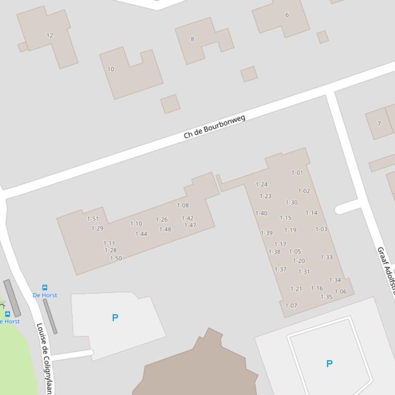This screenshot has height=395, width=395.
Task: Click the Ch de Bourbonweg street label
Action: point(215,127)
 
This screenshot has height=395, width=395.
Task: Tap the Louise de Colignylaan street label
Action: point(45,358)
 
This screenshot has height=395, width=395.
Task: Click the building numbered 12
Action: point(50,35)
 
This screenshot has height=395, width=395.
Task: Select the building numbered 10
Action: point(111,69)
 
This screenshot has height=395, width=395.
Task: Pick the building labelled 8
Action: point(193,39)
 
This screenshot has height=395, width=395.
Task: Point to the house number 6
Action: point(287,15)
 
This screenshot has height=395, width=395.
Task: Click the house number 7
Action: point(379,124)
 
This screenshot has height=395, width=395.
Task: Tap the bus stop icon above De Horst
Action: point(45,288)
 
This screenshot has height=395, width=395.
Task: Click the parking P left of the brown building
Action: point(115,318)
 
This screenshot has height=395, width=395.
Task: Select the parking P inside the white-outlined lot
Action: point(329,364)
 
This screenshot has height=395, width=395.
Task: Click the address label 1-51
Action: point(93,219)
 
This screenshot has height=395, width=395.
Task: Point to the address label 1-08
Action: point(183,206)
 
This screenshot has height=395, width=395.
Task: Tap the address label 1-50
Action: point(116,259)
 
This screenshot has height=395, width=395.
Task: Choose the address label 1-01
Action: point(297,173)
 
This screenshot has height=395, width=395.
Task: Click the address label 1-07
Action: point(291,306)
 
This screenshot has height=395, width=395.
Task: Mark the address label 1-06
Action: point(341,292)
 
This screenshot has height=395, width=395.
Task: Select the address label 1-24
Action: point(261,185)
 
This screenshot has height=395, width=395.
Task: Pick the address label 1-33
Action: point(327,258)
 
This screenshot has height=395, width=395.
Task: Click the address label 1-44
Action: point(141,234)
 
